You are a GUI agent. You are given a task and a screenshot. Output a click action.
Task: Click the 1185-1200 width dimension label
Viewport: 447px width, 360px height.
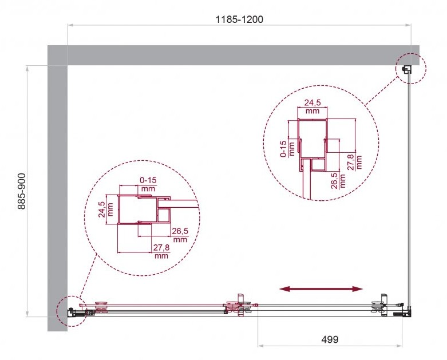pos(239,19)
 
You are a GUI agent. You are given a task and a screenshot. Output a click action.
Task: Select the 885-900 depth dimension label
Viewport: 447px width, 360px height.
pos(22,191)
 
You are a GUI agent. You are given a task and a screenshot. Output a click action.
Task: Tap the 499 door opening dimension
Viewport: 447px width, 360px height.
pos(330,339)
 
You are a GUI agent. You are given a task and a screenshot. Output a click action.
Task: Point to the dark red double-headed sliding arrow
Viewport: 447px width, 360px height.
pos(321,289)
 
